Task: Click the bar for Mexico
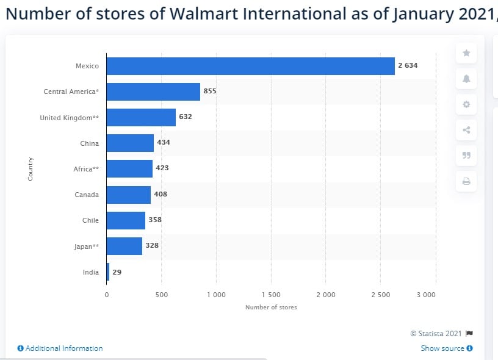[x=250, y=66]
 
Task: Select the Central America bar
[x=153, y=92]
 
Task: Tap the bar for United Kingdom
[x=141, y=117]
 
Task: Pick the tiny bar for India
[x=108, y=272]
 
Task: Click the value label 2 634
[x=408, y=65]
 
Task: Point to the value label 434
[x=164, y=143]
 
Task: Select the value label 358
[x=155, y=220]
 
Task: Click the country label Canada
[x=86, y=195]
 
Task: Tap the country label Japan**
[x=86, y=247]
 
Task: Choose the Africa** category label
[x=86, y=169]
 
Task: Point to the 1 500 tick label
[x=271, y=295]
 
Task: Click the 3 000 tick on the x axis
[x=426, y=295]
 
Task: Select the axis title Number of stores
[x=271, y=307]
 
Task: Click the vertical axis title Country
[x=31, y=168]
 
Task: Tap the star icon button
[x=466, y=53]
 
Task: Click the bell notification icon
[x=466, y=79]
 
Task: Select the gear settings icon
[x=466, y=104]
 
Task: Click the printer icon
[x=466, y=181]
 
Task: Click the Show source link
[x=447, y=348]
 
